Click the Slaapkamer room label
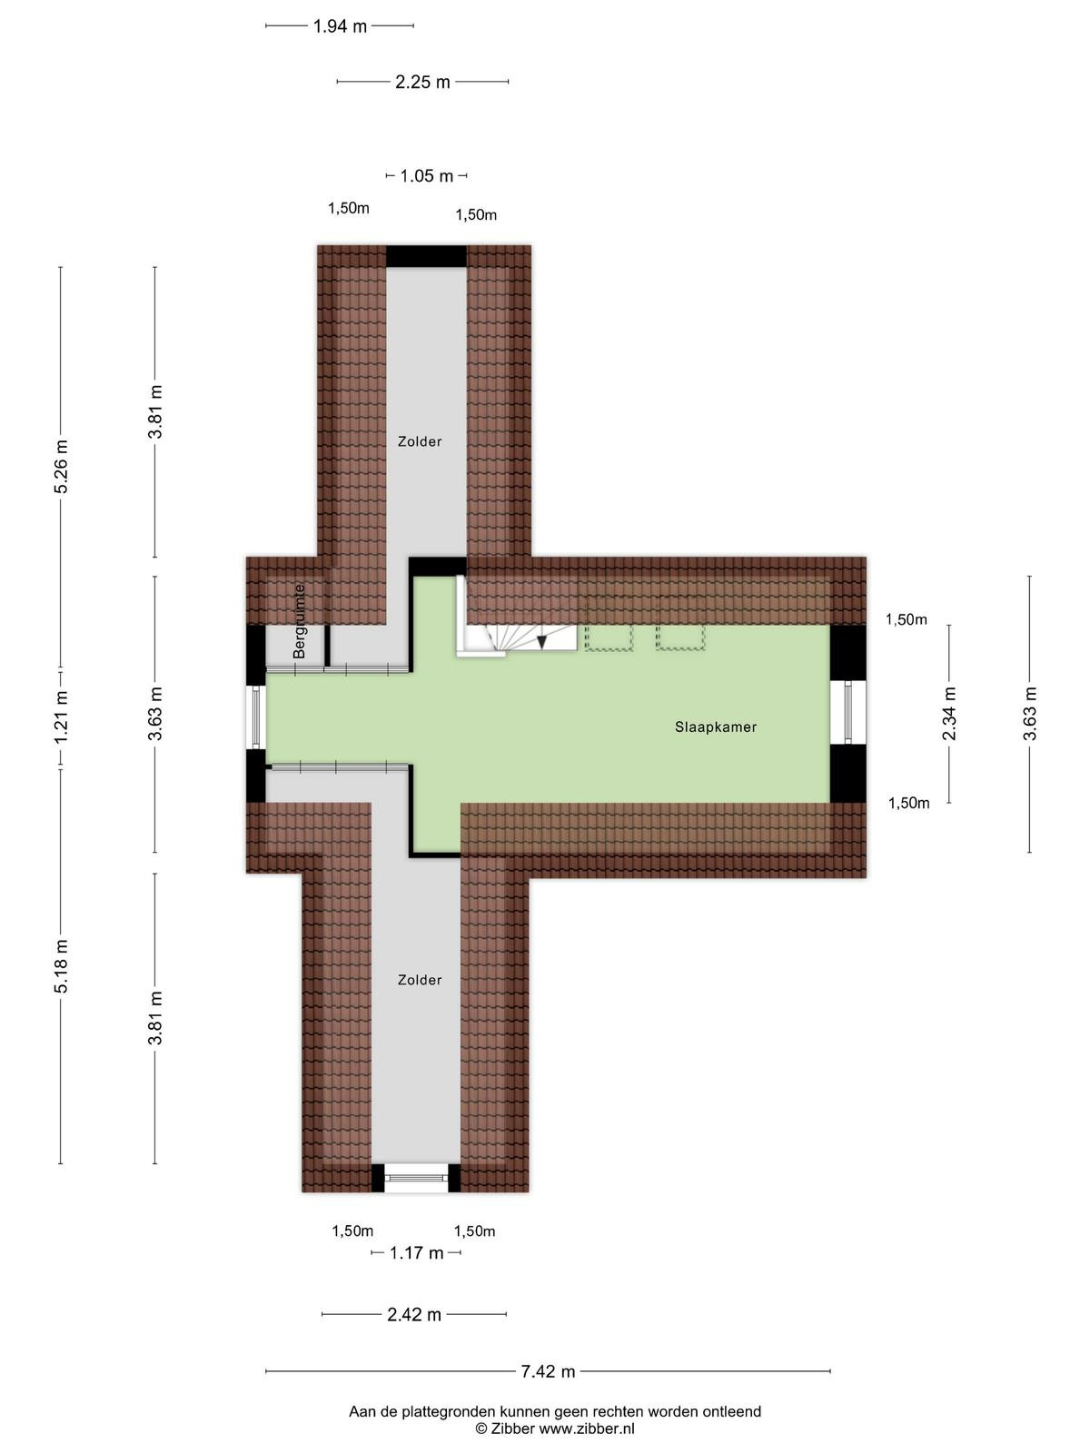716,726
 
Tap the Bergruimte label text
299,621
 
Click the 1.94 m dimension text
340,26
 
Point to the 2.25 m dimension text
422,82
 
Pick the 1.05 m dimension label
426,176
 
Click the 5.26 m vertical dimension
61,467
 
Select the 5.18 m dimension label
61,966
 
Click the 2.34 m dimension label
949,714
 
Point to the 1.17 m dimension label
416,1253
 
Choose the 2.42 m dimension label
413,1315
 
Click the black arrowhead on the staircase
542,641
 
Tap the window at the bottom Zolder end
416,1178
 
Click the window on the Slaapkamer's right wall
847,712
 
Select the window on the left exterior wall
256,717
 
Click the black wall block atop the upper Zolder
426,256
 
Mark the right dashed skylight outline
679,637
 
